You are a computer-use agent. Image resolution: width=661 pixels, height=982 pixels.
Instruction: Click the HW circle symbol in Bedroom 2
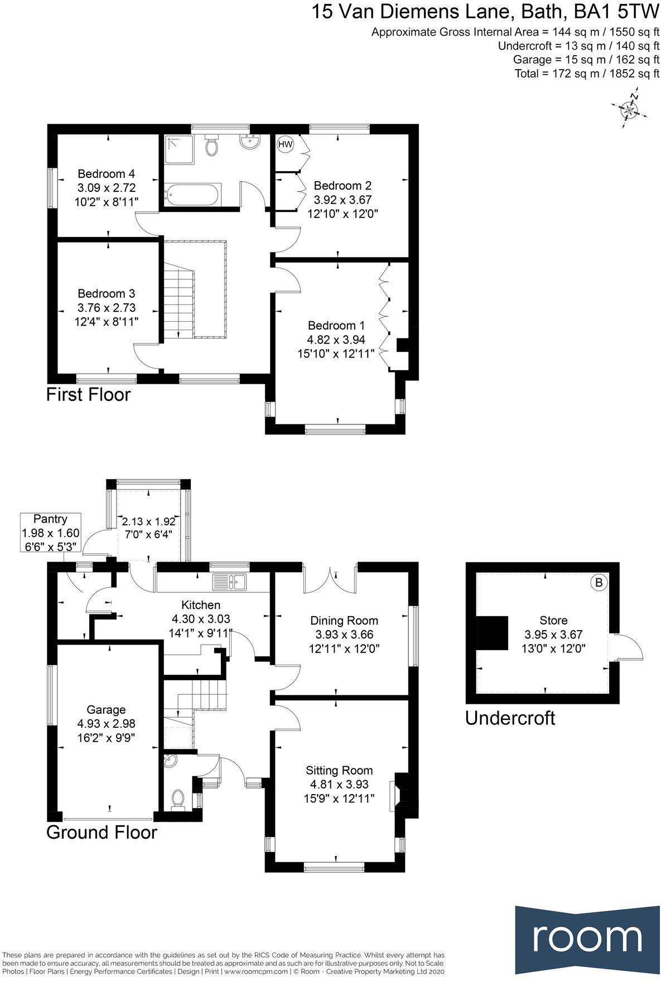pos(285,144)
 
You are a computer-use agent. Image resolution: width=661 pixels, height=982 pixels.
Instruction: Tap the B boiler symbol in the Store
pos(599,583)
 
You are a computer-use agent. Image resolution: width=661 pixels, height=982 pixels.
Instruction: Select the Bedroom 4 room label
pos(106,187)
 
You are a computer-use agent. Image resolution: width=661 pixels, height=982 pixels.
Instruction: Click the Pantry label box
pos(50,533)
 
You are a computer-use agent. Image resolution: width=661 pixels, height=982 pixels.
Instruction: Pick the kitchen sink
pos(230,582)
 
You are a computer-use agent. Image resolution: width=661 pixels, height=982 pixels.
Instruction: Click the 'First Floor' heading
pos(88,395)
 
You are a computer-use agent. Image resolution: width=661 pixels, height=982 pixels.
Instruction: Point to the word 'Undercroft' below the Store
pos(510,718)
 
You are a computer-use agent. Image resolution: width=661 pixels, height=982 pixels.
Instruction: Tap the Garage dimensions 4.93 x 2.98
pos(106,724)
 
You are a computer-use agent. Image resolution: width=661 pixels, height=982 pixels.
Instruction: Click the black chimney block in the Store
pos(491,633)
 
